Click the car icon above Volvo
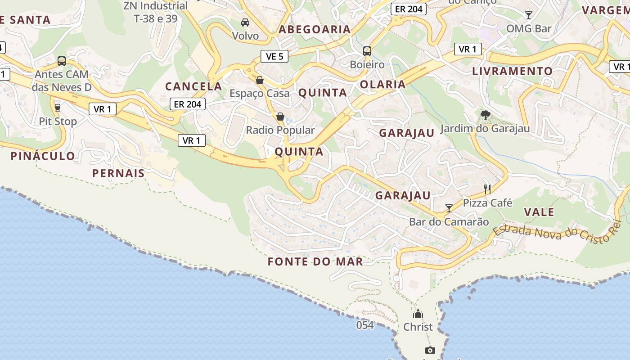[x=245, y=22]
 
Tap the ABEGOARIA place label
[x=315, y=30]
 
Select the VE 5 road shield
[x=274, y=56]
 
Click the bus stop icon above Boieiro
[x=367, y=51]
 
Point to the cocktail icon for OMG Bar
[x=529, y=15]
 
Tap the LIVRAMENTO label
[x=512, y=71]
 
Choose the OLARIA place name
[x=383, y=84]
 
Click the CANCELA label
[x=193, y=86]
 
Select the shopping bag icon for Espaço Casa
[x=260, y=81]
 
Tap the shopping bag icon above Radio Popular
[x=280, y=117]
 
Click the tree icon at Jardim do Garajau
[x=485, y=116]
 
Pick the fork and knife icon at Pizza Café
[x=487, y=189]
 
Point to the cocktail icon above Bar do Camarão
[x=449, y=208]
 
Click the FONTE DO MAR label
[x=315, y=262]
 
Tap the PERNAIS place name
[x=118, y=173]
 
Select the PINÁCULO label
[x=43, y=156]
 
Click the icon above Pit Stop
[x=57, y=108]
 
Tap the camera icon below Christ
[x=430, y=350]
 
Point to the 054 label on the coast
[x=365, y=325]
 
